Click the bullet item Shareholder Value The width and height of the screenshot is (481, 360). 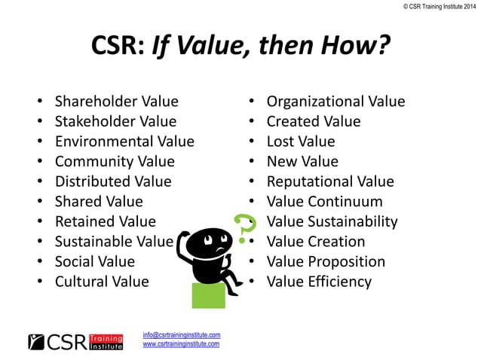pyautogui.click(x=116, y=102)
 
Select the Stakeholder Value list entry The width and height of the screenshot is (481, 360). pyautogui.click(x=115, y=121)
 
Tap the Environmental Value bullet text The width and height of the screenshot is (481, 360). pyautogui.click(x=124, y=141)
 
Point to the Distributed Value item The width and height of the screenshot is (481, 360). pyautogui.click(x=113, y=182)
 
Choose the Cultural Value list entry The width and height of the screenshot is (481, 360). pyautogui.click(x=102, y=282)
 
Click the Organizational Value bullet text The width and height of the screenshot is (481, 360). pyautogui.click(x=335, y=102)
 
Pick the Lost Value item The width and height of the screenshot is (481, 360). pyautogui.click(x=301, y=141)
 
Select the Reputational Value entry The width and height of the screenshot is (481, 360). pyautogui.click(x=330, y=182)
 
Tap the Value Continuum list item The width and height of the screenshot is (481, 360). pyautogui.click(x=325, y=202)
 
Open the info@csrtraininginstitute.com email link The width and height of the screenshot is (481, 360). pyautogui.click(x=181, y=334)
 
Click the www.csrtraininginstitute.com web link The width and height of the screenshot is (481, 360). pyautogui.click(x=181, y=343)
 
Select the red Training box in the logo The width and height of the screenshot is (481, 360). pyautogui.click(x=106, y=337)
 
